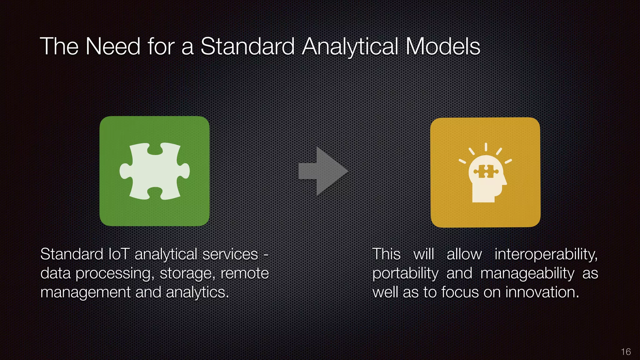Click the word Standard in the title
[x=247, y=47]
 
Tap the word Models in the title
[x=442, y=47]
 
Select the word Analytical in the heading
[x=350, y=47]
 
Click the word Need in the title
[x=113, y=47]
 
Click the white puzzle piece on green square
[x=154, y=171]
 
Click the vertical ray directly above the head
[x=486, y=147]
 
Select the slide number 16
[x=626, y=352]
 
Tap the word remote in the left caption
[x=245, y=273]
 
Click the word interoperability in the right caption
[x=546, y=254]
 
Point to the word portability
[x=405, y=273]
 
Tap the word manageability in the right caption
[x=527, y=273]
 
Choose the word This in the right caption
[x=386, y=254]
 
